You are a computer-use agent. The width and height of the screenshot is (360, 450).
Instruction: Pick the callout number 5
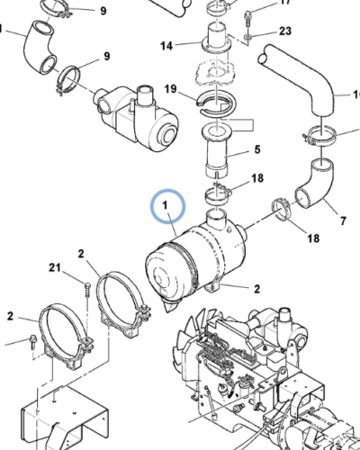(257, 149)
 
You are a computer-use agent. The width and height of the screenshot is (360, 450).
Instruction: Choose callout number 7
(343, 219)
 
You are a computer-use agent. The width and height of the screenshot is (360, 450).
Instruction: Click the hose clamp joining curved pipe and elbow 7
(320, 137)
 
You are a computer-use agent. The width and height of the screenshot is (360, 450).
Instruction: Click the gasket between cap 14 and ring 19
(216, 71)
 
